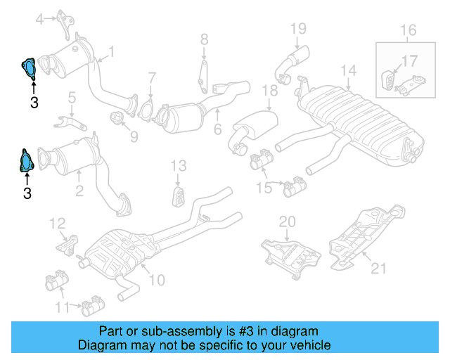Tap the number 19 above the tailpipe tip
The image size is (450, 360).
point(298,29)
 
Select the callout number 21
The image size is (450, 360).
point(379,267)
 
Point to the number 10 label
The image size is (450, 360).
point(156,280)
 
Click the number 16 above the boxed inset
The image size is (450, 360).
point(408,30)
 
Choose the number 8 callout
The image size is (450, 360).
point(204,39)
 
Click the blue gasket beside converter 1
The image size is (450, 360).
point(30,67)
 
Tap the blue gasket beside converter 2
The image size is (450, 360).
point(25,161)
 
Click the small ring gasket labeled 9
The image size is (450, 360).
point(118,117)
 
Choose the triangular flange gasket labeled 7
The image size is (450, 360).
point(147,111)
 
